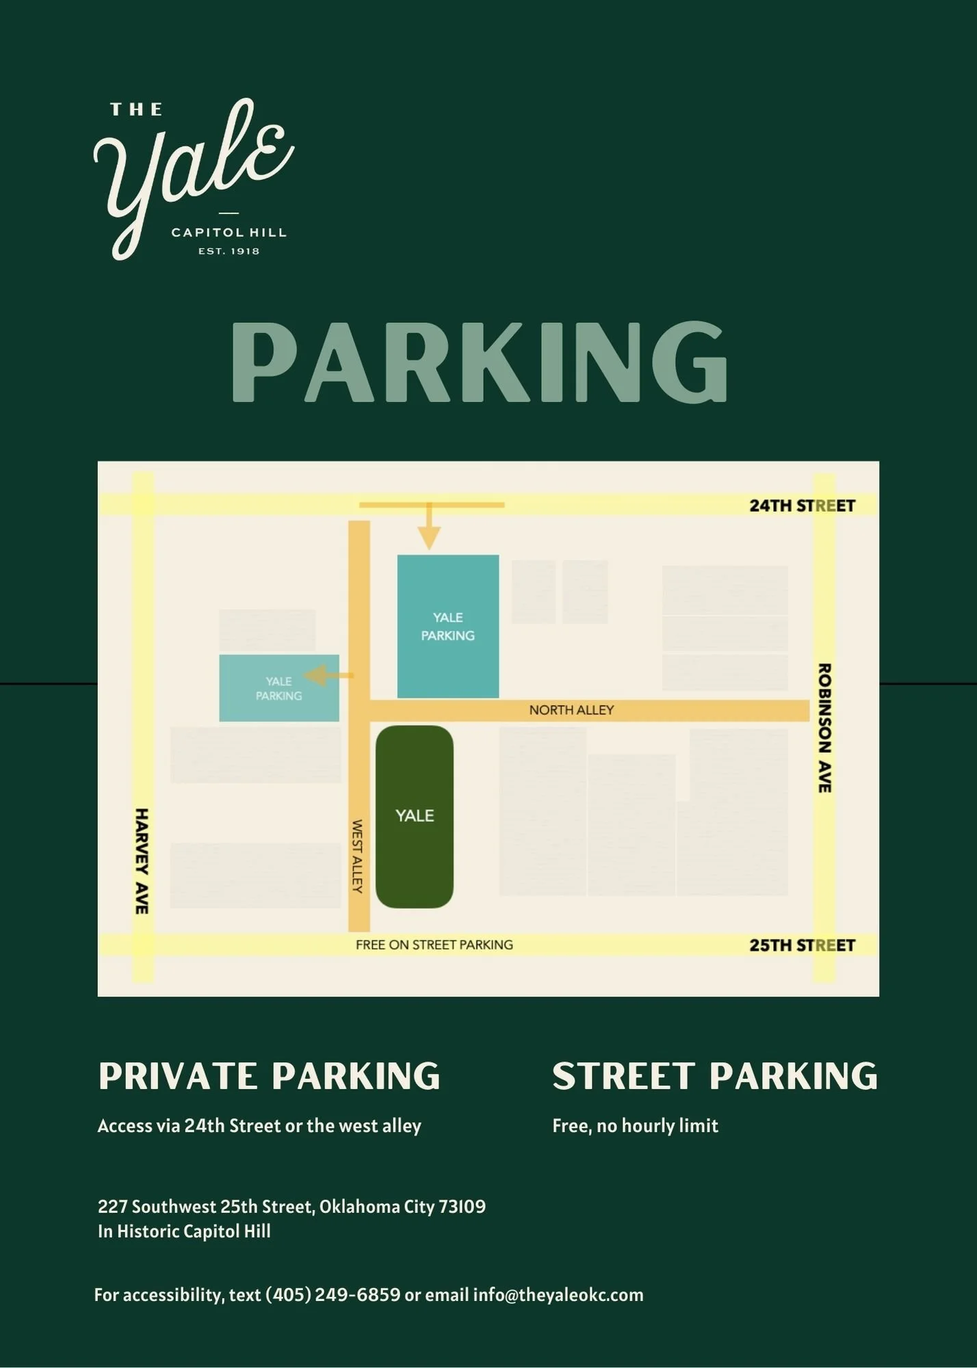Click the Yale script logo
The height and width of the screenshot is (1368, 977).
(x=192, y=171)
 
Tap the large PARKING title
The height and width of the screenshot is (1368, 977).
(x=479, y=363)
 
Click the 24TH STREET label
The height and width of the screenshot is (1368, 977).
(x=802, y=506)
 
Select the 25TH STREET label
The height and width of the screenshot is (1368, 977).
(x=802, y=945)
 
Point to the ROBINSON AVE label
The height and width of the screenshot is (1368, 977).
(x=824, y=728)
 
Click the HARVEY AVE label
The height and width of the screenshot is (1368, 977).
(x=142, y=860)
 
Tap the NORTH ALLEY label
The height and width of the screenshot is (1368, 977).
(x=571, y=711)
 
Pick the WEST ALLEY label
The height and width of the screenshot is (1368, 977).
(x=357, y=856)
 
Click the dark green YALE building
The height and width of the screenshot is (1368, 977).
(x=415, y=816)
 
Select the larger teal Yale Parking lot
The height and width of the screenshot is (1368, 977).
(x=448, y=627)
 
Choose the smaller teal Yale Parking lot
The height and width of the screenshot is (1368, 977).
(x=279, y=688)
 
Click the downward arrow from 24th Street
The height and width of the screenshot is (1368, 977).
(x=429, y=530)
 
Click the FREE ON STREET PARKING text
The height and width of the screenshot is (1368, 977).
(x=434, y=945)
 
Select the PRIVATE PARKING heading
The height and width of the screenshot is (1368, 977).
(x=269, y=1076)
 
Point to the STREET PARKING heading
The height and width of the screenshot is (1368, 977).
(x=714, y=1076)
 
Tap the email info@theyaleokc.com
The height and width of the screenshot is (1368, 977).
(x=558, y=1295)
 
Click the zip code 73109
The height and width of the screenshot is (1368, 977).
(x=463, y=1207)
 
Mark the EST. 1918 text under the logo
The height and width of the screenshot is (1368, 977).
(x=229, y=252)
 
